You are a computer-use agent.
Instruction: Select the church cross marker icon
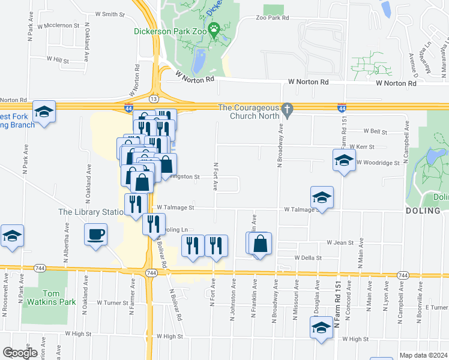tap(287, 109)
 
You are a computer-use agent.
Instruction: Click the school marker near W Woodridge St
tap(344, 160)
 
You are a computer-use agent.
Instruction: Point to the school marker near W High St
tap(321, 328)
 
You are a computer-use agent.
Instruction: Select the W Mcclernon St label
tap(58, 26)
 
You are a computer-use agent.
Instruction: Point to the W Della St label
tap(308, 258)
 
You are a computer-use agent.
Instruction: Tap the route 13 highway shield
tap(154, 98)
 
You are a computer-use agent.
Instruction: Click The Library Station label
tap(90, 212)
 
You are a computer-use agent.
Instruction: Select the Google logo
tap(20, 353)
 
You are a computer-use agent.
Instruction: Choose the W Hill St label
tap(58, 60)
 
